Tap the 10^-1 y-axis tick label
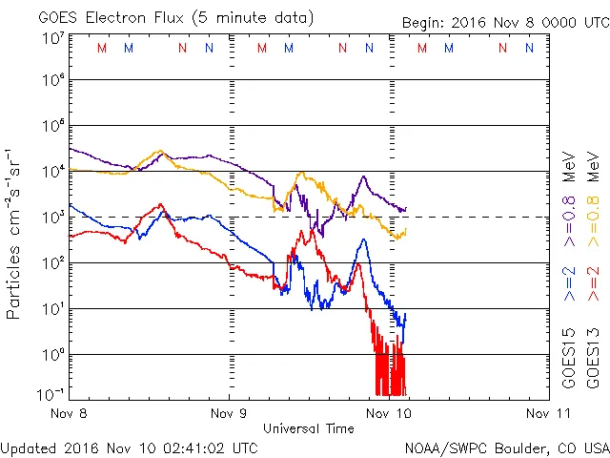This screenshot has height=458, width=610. pyautogui.click(x=50, y=394)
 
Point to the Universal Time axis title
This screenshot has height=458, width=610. pyautogui.click(x=308, y=428)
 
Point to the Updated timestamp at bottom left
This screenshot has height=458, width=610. pyautogui.click(x=130, y=448)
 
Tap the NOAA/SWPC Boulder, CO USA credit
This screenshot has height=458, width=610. pyautogui.click(x=506, y=448)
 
